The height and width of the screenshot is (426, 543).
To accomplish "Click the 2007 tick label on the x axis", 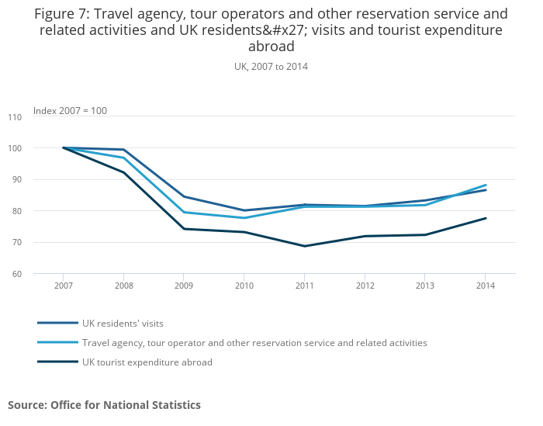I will click(64, 286).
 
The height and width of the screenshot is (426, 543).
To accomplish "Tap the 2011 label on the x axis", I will click(304, 286).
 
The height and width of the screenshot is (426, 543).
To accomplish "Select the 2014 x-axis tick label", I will click(485, 286).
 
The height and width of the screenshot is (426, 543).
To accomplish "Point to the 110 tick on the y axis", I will click(16, 117).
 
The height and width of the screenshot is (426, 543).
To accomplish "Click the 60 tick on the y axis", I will click(17, 274).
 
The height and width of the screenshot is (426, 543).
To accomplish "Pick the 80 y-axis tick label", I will click(17, 211).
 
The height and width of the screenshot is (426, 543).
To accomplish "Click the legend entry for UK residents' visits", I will click(123, 323).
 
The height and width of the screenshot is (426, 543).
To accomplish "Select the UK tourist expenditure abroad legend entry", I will click(147, 362).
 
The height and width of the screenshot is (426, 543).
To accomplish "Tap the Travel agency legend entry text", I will click(254, 342).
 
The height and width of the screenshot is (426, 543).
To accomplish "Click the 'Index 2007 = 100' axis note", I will click(70, 111).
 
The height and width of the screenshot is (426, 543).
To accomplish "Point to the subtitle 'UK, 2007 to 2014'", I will click(271, 67).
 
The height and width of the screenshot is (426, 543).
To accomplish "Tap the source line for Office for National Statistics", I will click(104, 405).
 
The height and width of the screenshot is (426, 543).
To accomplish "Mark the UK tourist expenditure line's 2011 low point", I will click(304, 246).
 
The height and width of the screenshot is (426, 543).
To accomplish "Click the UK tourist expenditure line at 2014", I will click(486, 218).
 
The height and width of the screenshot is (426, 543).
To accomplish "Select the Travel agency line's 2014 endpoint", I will click(486, 185).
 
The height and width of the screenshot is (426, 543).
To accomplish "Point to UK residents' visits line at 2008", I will click(124, 150).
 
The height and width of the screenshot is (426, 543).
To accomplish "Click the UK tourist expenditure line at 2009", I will click(184, 229).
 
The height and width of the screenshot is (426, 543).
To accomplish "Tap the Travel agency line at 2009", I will click(184, 212).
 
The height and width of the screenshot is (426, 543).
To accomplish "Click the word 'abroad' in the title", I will click(271, 46).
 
